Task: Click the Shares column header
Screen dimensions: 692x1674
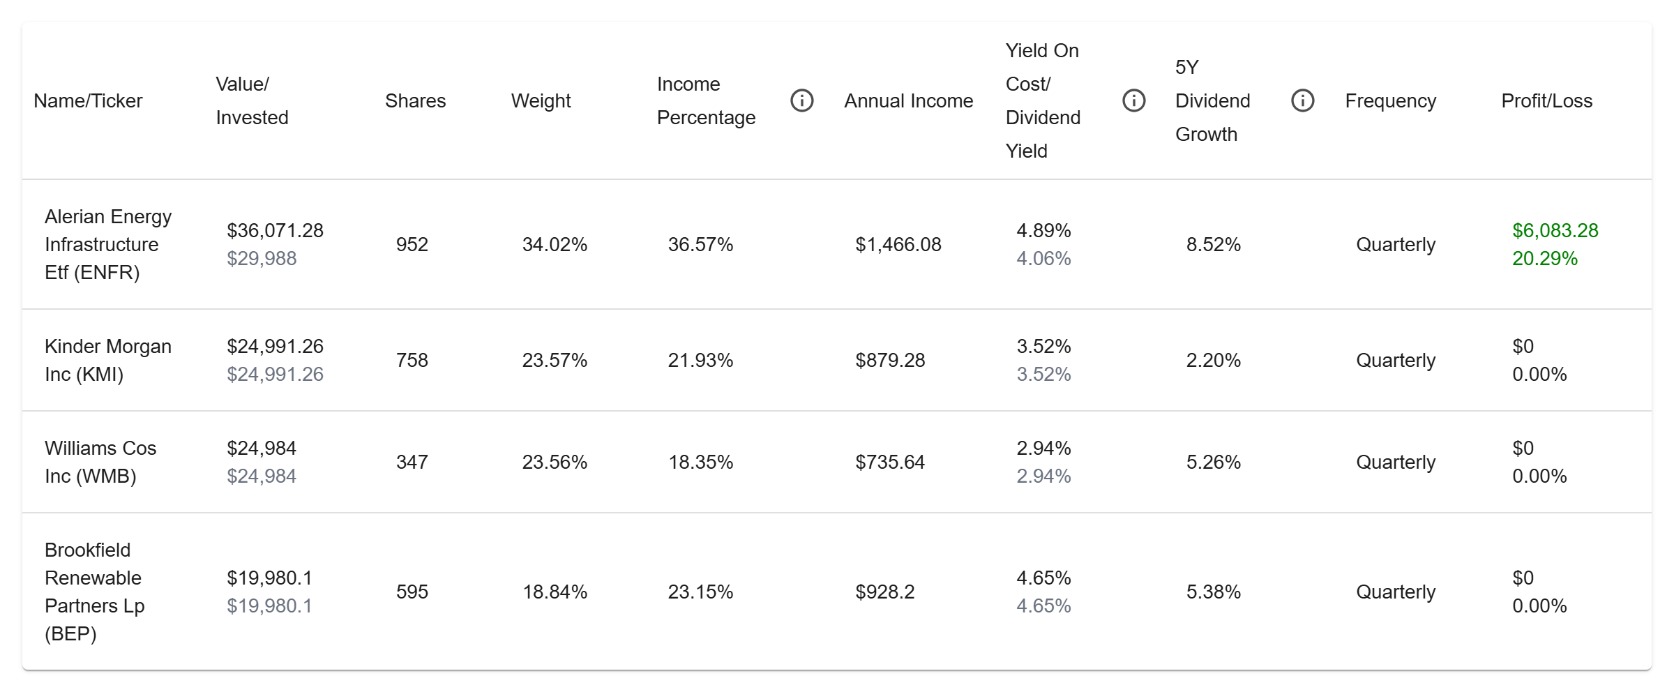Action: pos(415,101)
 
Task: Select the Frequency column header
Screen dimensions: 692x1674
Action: pos(1390,101)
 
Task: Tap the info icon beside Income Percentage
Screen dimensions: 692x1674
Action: pos(801,101)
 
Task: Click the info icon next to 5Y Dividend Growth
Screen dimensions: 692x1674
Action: pos(1302,101)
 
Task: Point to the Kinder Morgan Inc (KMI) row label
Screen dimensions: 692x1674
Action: pos(107,360)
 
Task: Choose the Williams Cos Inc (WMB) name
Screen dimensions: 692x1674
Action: pos(100,462)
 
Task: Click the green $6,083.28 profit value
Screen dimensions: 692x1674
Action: pos(1555,231)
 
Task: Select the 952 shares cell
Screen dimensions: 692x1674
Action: pos(412,245)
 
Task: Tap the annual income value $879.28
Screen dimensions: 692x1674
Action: pos(890,361)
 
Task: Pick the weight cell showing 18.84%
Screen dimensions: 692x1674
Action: pos(555,592)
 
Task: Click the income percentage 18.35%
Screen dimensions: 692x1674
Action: pos(700,462)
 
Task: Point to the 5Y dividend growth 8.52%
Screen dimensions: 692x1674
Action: pos(1213,245)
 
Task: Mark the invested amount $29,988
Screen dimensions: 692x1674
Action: pos(262,259)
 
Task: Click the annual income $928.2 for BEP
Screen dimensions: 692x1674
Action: pos(884,592)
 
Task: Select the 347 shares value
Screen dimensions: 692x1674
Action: pos(412,462)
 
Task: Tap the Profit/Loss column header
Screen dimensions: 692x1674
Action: pos(1546,101)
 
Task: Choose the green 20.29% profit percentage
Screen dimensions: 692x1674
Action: pos(1544,259)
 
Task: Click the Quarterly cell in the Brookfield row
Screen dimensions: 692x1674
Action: pos(1395,592)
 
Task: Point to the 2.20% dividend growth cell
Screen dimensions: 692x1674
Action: pos(1213,361)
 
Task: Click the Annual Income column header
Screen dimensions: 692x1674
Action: pos(908,101)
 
